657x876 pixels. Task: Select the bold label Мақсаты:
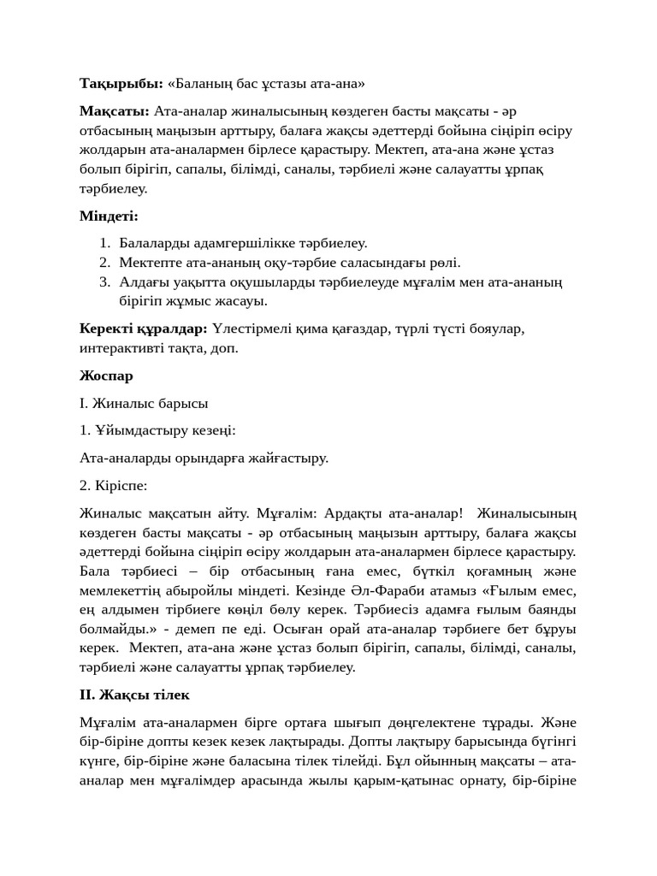click(x=115, y=112)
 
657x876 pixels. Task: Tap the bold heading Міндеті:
click(x=109, y=216)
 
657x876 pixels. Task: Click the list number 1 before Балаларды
click(x=104, y=244)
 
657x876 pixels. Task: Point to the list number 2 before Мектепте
click(x=104, y=263)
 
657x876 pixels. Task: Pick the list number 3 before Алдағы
click(x=104, y=282)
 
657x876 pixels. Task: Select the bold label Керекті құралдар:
click(x=144, y=328)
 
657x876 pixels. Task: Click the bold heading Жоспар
click(x=106, y=376)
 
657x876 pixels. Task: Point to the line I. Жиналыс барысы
click(x=144, y=403)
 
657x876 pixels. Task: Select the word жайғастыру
click(x=289, y=458)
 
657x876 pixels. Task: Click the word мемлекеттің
click(x=121, y=591)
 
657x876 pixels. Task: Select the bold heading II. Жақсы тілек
click(x=134, y=695)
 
